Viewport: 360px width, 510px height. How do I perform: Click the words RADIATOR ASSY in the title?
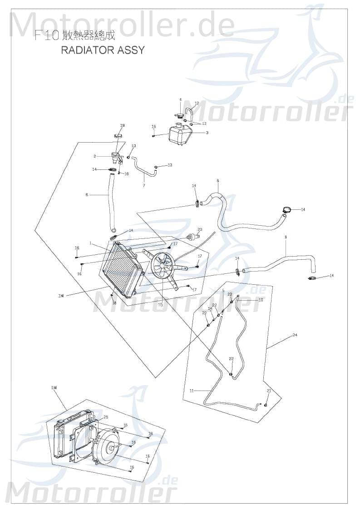(x=103, y=50)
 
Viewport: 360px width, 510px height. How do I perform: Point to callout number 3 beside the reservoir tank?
(x=207, y=133)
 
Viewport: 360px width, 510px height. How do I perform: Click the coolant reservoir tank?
(x=180, y=135)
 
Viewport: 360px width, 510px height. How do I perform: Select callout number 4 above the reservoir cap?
(x=180, y=99)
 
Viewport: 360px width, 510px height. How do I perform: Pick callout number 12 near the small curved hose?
(x=197, y=104)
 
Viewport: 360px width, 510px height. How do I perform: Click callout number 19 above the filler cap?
(x=122, y=125)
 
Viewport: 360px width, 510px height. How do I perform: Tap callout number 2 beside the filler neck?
(x=94, y=156)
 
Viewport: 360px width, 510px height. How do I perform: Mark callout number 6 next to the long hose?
(x=87, y=195)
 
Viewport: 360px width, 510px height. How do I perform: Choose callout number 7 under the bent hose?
(x=144, y=185)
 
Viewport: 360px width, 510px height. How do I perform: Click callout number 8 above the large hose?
(x=217, y=181)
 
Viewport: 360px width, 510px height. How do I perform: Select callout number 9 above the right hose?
(x=286, y=237)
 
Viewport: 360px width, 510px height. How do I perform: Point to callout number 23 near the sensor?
(x=200, y=229)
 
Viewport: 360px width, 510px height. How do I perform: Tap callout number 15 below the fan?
(x=160, y=305)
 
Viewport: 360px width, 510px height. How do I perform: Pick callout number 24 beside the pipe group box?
(x=295, y=335)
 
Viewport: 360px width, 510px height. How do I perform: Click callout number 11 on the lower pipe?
(x=192, y=391)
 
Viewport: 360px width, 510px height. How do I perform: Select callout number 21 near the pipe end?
(x=269, y=391)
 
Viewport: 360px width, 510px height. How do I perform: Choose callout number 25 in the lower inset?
(x=105, y=417)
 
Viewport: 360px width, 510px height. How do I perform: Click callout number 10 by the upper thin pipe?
(x=261, y=300)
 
